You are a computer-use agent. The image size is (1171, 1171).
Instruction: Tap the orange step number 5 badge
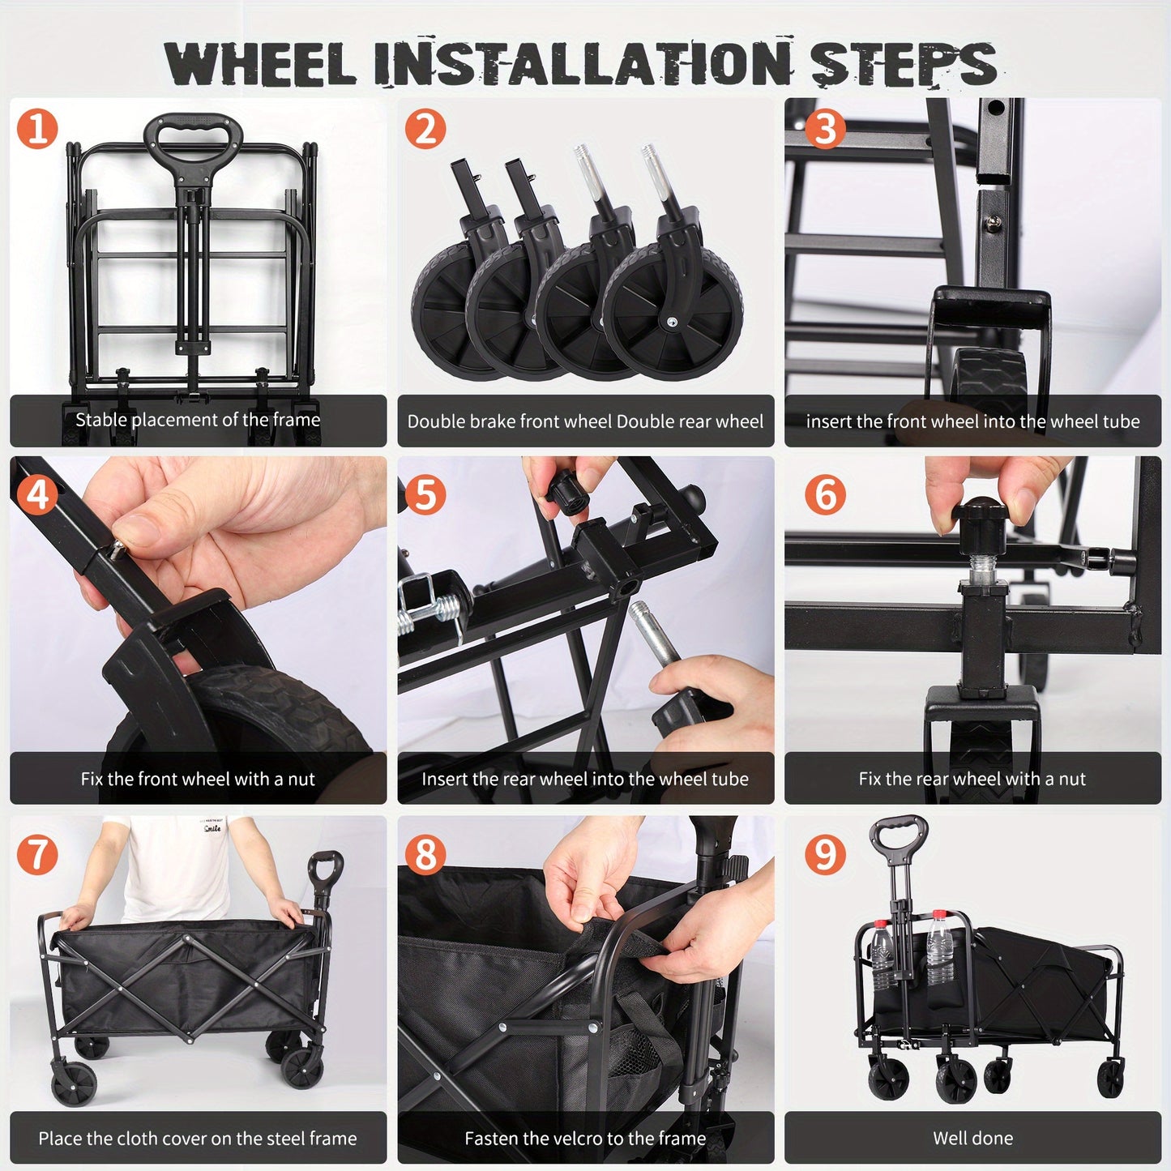(425, 494)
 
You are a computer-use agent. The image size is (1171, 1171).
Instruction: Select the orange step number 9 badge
(824, 854)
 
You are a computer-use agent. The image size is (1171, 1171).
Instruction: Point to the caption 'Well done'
(972, 1138)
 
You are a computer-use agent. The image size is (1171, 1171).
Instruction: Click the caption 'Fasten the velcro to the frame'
(585, 1138)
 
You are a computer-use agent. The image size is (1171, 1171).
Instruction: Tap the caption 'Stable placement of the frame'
(198, 420)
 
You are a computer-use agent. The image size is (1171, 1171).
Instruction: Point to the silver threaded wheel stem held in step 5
(656, 641)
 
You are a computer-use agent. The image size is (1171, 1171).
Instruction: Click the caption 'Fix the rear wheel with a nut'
(972, 779)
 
